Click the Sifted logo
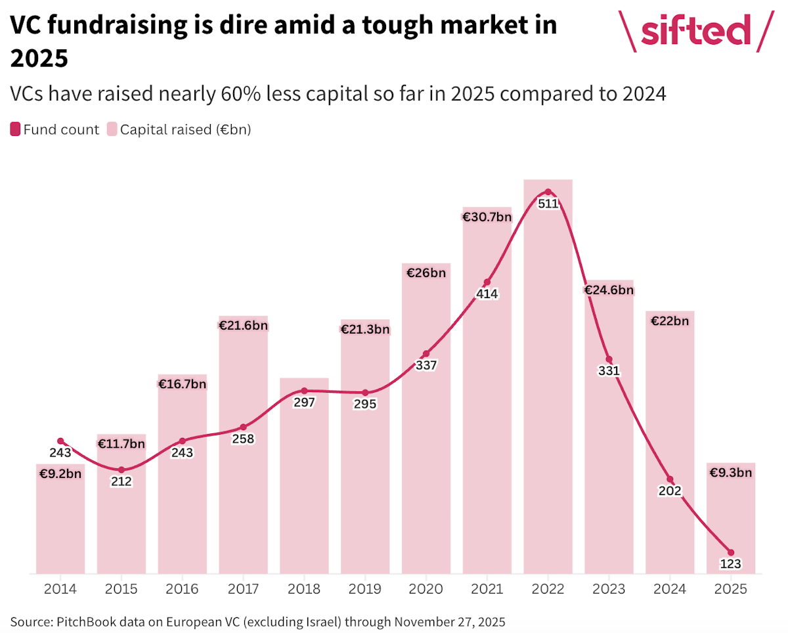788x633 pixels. pyautogui.click(x=695, y=32)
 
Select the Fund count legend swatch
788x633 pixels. pyautogui.click(x=15, y=129)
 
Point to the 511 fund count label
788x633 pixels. pyautogui.click(x=548, y=204)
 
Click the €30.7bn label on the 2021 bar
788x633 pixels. pyautogui.click(x=487, y=217)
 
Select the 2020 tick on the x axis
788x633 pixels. pyautogui.click(x=426, y=589)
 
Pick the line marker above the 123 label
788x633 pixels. pyautogui.click(x=731, y=553)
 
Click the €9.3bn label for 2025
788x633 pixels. pyautogui.click(x=731, y=472)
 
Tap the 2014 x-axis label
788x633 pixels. pyautogui.click(x=60, y=589)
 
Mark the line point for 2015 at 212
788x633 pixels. pyautogui.click(x=121, y=469)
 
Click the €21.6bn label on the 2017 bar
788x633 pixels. pyautogui.click(x=243, y=325)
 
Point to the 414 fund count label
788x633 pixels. pyautogui.click(x=487, y=294)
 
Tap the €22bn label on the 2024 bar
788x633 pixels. pyautogui.click(x=670, y=321)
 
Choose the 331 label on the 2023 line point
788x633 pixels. pyautogui.click(x=609, y=371)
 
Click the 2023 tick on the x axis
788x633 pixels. pyautogui.click(x=609, y=589)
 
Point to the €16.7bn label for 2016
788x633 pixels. pyautogui.click(x=182, y=384)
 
